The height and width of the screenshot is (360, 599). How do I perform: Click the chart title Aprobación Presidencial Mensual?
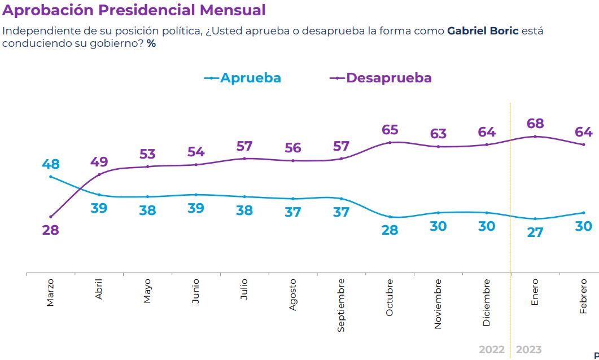point(134,10)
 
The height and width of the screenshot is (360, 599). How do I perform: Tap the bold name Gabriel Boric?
point(482,31)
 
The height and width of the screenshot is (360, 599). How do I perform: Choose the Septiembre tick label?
point(341,305)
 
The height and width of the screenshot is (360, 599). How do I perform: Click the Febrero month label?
point(583,296)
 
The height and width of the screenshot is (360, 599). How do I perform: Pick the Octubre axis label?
point(390,297)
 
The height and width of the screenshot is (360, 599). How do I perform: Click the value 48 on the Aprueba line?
point(50,164)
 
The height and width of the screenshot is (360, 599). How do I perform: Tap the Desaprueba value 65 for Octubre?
point(390,130)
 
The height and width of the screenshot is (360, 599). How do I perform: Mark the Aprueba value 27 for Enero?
point(534,232)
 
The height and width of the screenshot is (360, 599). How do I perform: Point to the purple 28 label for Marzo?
point(50,230)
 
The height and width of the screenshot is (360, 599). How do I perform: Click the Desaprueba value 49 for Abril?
point(99,162)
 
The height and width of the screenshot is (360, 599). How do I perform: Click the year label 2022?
point(491,350)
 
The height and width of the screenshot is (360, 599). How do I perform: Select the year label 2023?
point(528,350)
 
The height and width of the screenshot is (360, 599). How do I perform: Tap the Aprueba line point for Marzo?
point(51,177)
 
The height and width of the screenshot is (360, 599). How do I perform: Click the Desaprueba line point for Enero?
point(535,137)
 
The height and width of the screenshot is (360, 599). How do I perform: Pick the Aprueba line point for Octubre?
point(390,217)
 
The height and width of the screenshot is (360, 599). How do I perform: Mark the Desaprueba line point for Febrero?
point(583,144)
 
